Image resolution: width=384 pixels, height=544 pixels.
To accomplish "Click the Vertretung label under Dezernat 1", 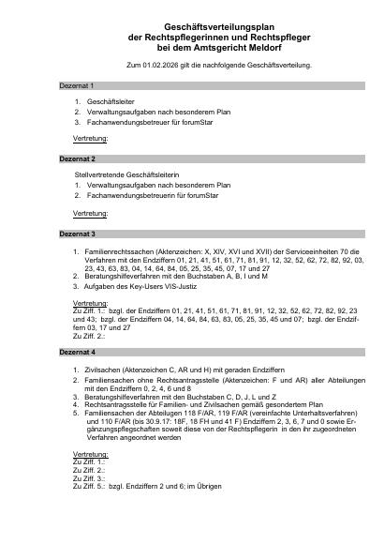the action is [x=90, y=138].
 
